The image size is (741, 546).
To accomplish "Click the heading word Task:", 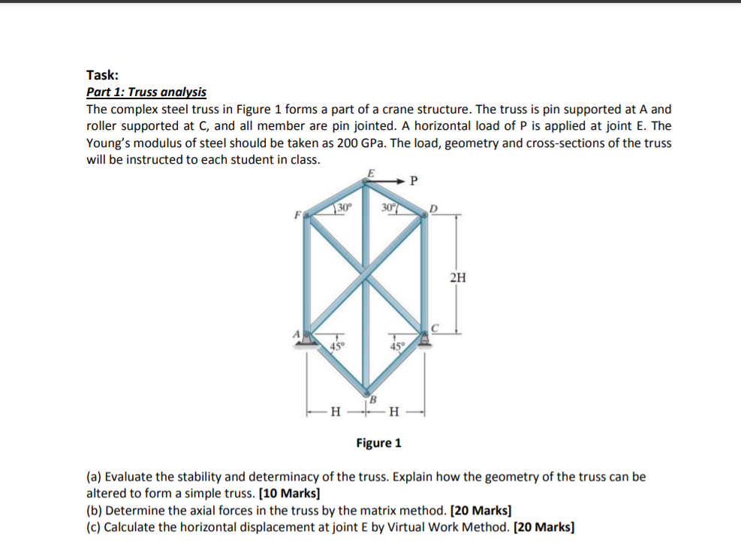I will pyautogui.click(x=102, y=74).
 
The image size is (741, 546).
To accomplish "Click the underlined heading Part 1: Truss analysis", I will pyautogui.click(x=146, y=92).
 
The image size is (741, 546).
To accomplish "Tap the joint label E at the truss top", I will pyautogui.click(x=368, y=171).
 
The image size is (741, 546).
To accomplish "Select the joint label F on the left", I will pyautogui.click(x=297, y=213).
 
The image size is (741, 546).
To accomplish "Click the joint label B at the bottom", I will pyautogui.click(x=372, y=398).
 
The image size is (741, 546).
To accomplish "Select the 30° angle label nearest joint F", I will pyautogui.click(x=344, y=207).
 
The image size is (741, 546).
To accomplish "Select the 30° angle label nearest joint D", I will pyautogui.click(x=388, y=207).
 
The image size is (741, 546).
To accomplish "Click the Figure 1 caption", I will pyautogui.click(x=378, y=442).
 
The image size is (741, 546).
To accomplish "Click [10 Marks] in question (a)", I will pyautogui.click(x=289, y=493).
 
